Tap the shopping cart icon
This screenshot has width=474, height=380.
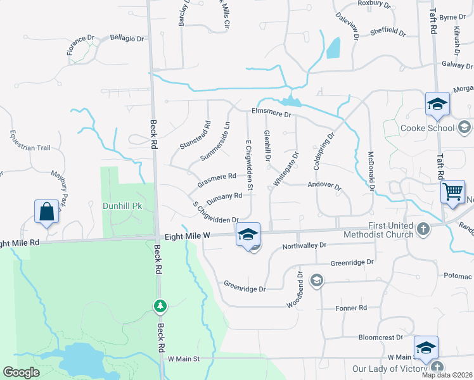tap(452, 191)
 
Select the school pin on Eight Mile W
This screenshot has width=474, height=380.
tap(248, 235)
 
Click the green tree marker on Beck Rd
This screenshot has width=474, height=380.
tap(160, 307)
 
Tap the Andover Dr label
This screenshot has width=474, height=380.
tap(324, 187)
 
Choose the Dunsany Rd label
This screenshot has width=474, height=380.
tap(224, 198)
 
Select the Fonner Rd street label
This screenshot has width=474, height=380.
tap(352, 308)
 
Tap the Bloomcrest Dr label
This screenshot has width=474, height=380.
tap(381, 338)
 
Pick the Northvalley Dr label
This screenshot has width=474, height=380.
tap(304, 245)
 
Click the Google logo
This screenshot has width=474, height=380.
tap(21, 372)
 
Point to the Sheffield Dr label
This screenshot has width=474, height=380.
tap(387, 30)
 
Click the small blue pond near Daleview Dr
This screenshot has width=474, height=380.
tap(333, 48)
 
